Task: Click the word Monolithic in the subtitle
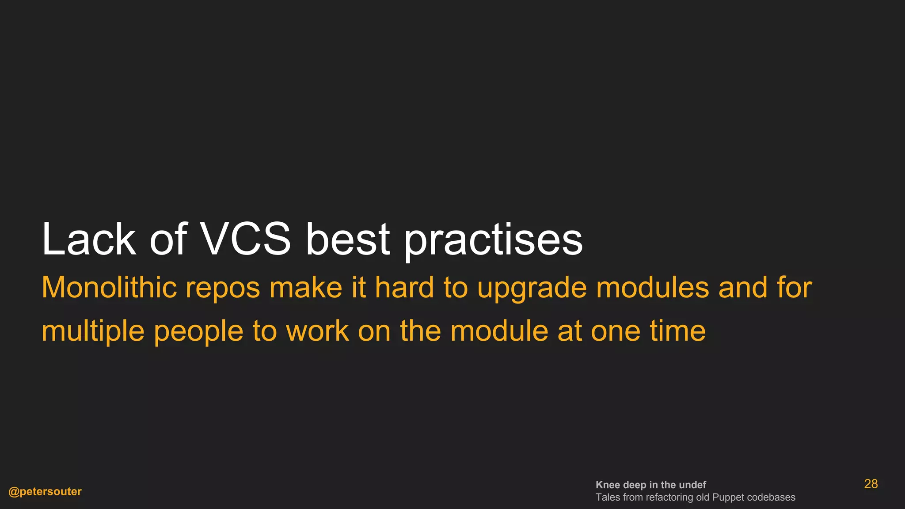click(x=109, y=288)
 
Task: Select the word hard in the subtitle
click(x=404, y=288)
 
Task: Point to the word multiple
click(x=93, y=331)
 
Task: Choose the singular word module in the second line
click(x=499, y=331)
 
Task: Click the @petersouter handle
click(x=45, y=492)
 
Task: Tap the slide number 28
click(x=871, y=484)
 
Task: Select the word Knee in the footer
click(x=608, y=485)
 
